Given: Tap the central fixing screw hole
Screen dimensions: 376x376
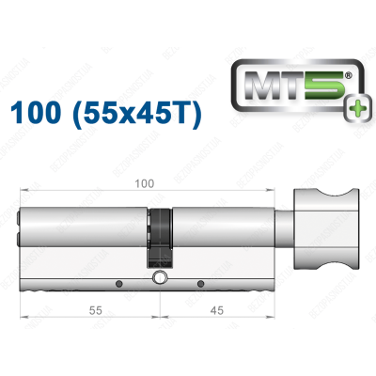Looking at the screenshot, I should [161, 278].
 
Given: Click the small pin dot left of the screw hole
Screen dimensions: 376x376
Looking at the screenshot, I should [118, 283].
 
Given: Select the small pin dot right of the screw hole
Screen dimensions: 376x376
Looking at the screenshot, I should [199, 283].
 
